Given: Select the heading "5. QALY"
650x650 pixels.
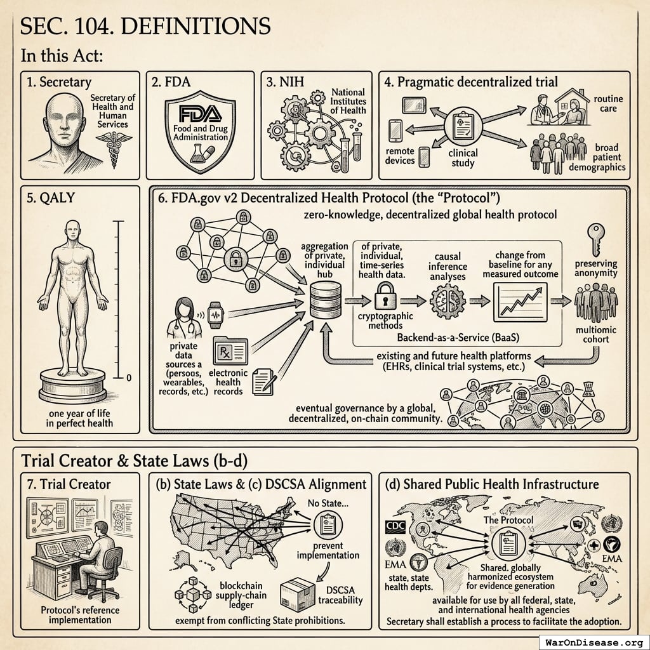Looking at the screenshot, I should point(48,198).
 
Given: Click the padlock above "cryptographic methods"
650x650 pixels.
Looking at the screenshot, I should point(387,295).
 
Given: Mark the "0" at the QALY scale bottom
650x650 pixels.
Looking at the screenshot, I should point(129,378).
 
